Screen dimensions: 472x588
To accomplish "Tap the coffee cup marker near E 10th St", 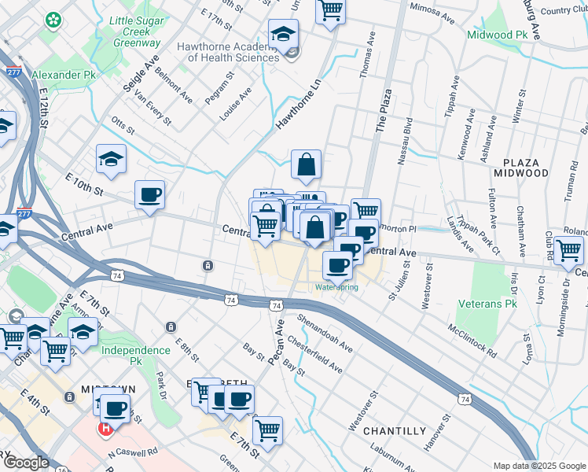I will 149,194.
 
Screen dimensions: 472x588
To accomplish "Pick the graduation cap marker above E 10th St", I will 111,159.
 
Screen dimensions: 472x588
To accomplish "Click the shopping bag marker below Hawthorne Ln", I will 306,165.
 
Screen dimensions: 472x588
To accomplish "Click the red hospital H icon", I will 104,429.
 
